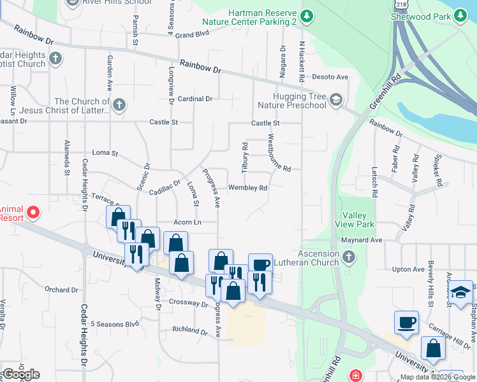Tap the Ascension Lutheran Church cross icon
pyautogui.click(x=348, y=257)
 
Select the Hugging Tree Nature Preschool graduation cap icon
pyautogui.click(x=336, y=99)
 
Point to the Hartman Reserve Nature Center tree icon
pyautogui.click(x=307, y=15)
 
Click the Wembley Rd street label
pyautogui.click(x=247, y=188)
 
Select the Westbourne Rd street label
pyautogui.click(x=279, y=153)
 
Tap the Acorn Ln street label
pyautogui.click(x=187, y=222)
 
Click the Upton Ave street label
pyautogui.click(x=409, y=269)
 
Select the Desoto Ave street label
pyautogui.click(x=330, y=77)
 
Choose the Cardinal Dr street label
pyautogui.click(x=195, y=99)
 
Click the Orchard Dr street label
pyautogui.click(x=62, y=290)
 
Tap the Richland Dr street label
pyautogui.click(x=191, y=330)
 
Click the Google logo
pyautogui.click(x=21, y=374)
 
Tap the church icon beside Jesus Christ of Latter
pyautogui.click(x=119, y=104)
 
